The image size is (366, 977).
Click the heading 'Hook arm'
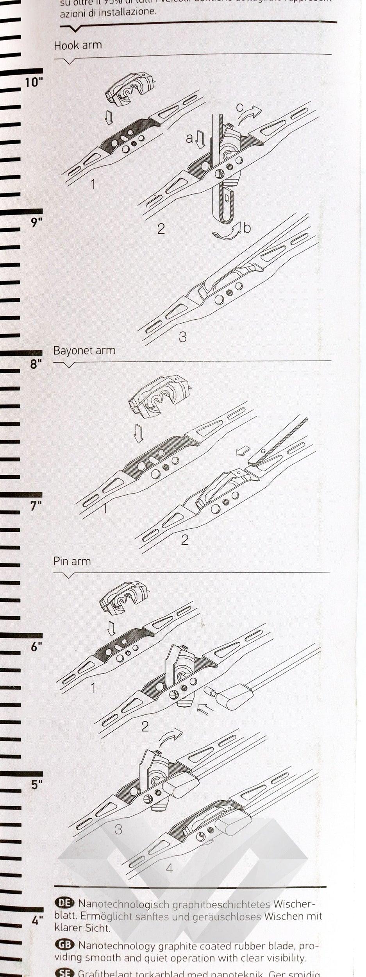click(x=78, y=45)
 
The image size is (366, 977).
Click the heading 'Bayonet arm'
click(x=84, y=350)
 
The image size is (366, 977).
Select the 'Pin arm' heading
click(x=72, y=561)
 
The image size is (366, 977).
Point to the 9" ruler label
click(x=36, y=223)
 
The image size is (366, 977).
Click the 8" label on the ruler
click(x=36, y=364)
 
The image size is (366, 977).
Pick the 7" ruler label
click(x=36, y=506)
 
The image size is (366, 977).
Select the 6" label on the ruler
click(x=36, y=647)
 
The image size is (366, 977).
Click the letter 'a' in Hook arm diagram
click(x=189, y=138)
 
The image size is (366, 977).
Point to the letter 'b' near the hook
click(x=247, y=227)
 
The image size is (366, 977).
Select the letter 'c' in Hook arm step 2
click(x=239, y=107)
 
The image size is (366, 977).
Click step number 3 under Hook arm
click(x=182, y=336)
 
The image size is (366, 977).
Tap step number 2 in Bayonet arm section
click(x=184, y=540)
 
